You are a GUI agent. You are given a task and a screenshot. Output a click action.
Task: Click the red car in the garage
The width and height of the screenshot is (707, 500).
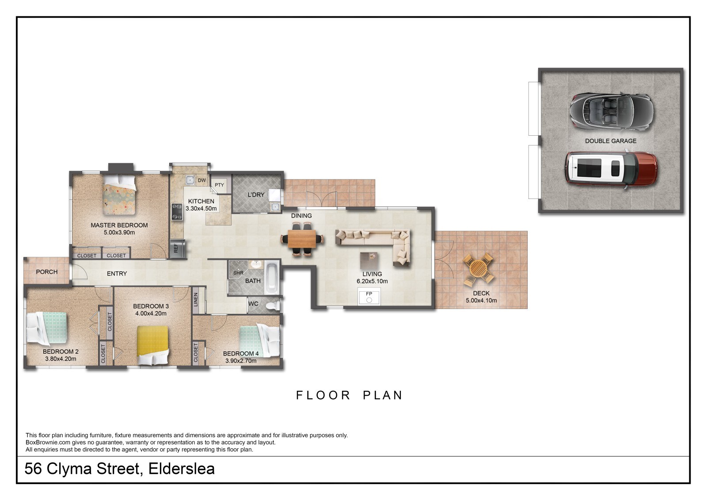click(612, 169)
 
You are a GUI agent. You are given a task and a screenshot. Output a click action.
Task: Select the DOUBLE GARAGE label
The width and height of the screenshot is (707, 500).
click(611, 141)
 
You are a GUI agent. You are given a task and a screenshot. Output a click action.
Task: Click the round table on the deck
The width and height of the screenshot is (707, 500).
click(479, 269)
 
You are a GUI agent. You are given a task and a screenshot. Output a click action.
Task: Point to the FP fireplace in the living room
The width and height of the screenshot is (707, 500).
click(369, 296)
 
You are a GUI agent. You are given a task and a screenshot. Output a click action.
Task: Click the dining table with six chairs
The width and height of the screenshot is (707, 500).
click(302, 238)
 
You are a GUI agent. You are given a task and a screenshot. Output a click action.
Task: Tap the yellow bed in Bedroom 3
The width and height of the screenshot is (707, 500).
click(153, 345)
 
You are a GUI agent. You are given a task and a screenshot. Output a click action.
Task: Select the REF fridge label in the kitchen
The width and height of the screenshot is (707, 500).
click(176, 248)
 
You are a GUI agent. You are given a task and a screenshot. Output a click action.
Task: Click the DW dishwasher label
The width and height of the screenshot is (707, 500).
click(201, 180)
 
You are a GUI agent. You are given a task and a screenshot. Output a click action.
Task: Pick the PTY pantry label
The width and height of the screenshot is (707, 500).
click(219, 185)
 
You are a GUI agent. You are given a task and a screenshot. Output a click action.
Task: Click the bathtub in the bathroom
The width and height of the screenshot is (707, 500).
click(272, 277)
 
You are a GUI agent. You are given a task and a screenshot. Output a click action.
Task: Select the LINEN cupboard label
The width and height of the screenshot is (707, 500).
click(196, 300)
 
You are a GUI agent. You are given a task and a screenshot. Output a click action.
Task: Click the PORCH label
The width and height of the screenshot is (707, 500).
click(47, 271)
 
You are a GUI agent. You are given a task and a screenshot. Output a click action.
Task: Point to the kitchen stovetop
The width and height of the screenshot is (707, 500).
click(177, 212)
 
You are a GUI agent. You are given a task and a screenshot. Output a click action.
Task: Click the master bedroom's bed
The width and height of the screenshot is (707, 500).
click(120, 195)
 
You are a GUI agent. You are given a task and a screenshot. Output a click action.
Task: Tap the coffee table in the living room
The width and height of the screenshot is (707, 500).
click(369, 260)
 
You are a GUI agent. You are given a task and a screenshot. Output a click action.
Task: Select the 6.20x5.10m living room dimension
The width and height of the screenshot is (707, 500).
click(372, 281)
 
